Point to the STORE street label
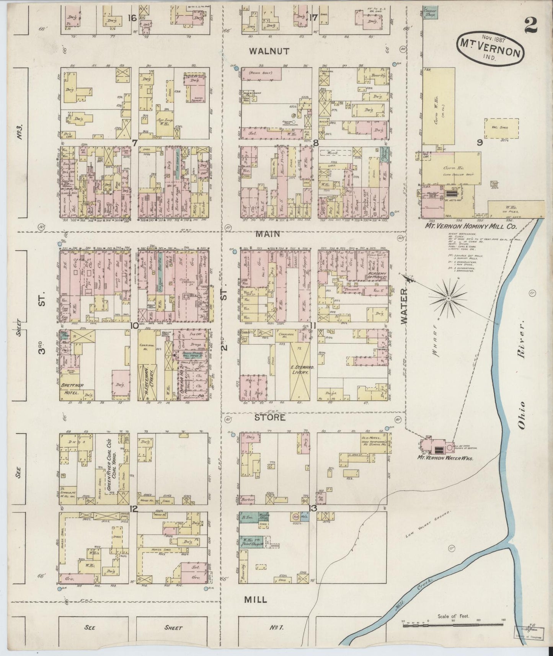270,417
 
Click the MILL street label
255,599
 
